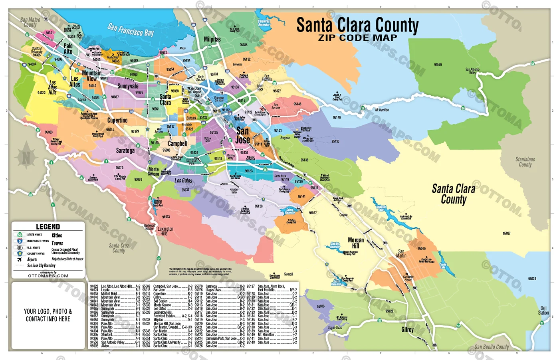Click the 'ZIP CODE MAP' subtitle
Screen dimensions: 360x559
(x=357, y=38)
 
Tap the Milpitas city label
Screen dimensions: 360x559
(x=212, y=39)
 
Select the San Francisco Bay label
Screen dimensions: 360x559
(x=131, y=30)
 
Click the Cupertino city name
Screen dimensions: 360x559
(x=117, y=120)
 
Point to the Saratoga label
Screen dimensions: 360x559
(x=125, y=150)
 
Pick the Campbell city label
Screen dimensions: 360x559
(x=177, y=143)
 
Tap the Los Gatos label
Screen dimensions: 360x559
(x=183, y=180)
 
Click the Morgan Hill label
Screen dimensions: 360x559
(x=356, y=243)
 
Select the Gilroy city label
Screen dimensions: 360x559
(x=407, y=329)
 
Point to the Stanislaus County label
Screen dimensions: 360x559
(x=525, y=162)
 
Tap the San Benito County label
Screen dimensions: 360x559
(x=492, y=347)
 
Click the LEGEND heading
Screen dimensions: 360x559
(x=48, y=227)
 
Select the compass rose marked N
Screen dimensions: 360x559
(x=26, y=157)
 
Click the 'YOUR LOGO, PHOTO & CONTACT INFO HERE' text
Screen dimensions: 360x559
(x=48, y=315)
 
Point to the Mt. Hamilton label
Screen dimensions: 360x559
(x=382, y=110)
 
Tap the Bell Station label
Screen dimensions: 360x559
(x=543, y=311)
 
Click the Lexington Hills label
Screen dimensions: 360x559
(x=165, y=231)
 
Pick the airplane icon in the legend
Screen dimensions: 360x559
(x=19, y=259)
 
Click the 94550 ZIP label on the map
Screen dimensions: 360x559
(x=438, y=64)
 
